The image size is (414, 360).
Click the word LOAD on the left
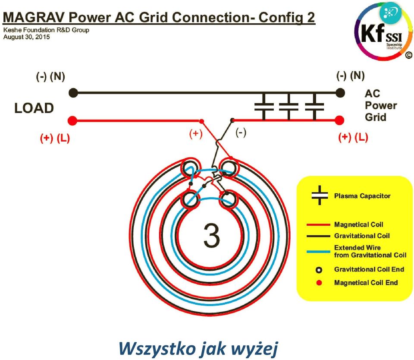[x=34, y=108]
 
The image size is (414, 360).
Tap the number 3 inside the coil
[x=212, y=235]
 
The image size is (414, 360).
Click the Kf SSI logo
[x=383, y=32]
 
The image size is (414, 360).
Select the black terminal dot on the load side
[x=73, y=93]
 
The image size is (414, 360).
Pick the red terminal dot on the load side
[x=72, y=121]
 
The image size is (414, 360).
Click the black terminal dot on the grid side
[x=340, y=93]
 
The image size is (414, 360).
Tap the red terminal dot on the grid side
[x=339, y=120]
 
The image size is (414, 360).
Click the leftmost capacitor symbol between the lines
[x=264, y=107]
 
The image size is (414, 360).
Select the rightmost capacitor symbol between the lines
[x=314, y=107]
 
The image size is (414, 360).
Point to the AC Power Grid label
[x=381, y=105]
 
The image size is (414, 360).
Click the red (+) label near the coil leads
[x=196, y=133]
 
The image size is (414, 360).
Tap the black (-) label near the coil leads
[x=241, y=132]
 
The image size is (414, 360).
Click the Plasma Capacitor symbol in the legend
[x=320, y=196]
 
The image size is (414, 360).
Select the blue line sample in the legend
[x=318, y=252]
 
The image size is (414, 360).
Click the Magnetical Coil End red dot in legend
[x=319, y=283]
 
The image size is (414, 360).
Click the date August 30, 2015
[x=26, y=37]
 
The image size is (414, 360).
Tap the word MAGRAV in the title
[x=34, y=18]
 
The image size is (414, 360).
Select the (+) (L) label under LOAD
[x=55, y=138]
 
